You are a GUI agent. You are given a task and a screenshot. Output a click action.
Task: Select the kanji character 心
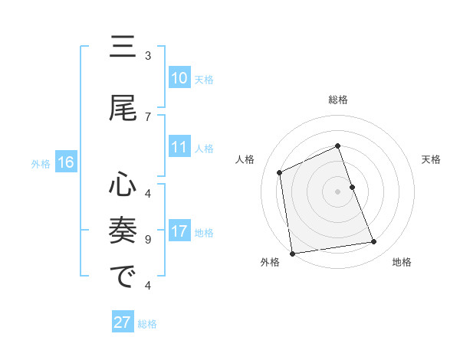[x=123, y=185]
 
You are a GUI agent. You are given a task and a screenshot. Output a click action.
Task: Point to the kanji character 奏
[x=123, y=230]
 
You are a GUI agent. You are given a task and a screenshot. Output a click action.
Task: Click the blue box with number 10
[x=179, y=78]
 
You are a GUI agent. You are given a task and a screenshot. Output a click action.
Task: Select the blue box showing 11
[x=179, y=148]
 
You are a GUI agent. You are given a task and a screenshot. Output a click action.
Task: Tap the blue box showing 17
[x=179, y=232]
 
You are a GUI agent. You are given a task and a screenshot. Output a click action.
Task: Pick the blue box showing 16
[x=66, y=162]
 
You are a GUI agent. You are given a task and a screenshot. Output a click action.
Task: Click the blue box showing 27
[x=123, y=322]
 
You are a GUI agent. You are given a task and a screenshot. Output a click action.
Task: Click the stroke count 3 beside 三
[x=148, y=55]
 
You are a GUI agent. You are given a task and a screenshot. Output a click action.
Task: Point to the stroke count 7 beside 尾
[x=148, y=116]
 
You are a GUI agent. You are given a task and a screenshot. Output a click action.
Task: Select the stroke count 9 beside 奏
[x=148, y=239]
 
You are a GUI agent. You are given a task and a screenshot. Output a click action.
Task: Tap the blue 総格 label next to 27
[x=147, y=324]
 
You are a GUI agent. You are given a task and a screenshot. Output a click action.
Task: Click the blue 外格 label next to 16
[x=41, y=163]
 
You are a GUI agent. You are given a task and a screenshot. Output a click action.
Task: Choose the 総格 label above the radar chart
[x=338, y=100]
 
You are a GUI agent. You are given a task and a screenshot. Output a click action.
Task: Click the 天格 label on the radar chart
[x=431, y=159]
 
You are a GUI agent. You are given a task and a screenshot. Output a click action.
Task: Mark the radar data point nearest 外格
[x=292, y=253]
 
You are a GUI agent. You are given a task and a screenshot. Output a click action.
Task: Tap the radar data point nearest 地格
[x=374, y=242]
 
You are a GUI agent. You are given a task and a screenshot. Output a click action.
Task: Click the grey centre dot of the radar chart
[x=338, y=191]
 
